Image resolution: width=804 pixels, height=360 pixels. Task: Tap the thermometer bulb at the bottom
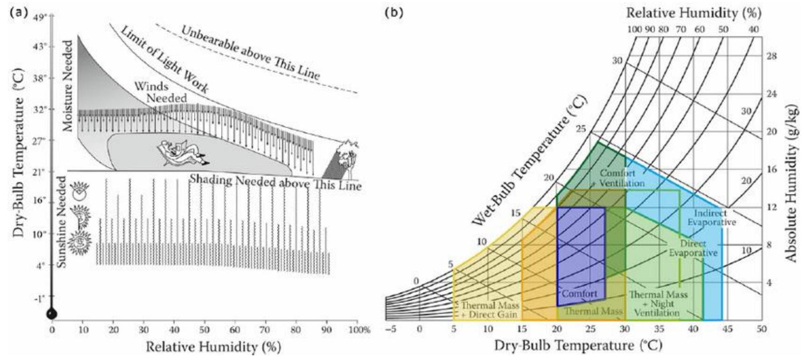click(52, 314)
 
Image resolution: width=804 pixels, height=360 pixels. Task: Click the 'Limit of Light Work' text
click(164, 61)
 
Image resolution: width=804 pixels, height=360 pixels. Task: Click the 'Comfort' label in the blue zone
click(579, 294)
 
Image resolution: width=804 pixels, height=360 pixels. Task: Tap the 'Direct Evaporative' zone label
click(693, 248)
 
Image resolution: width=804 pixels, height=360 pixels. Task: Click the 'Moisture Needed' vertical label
click(68, 86)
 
